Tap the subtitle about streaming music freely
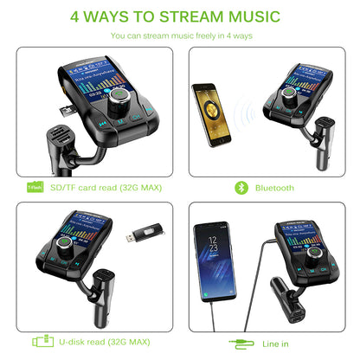pyautogui.click(x=180, y=36)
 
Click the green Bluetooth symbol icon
pyautogui.click(x=241, y=187)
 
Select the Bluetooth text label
pyautogui.click(x=273, y=187)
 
